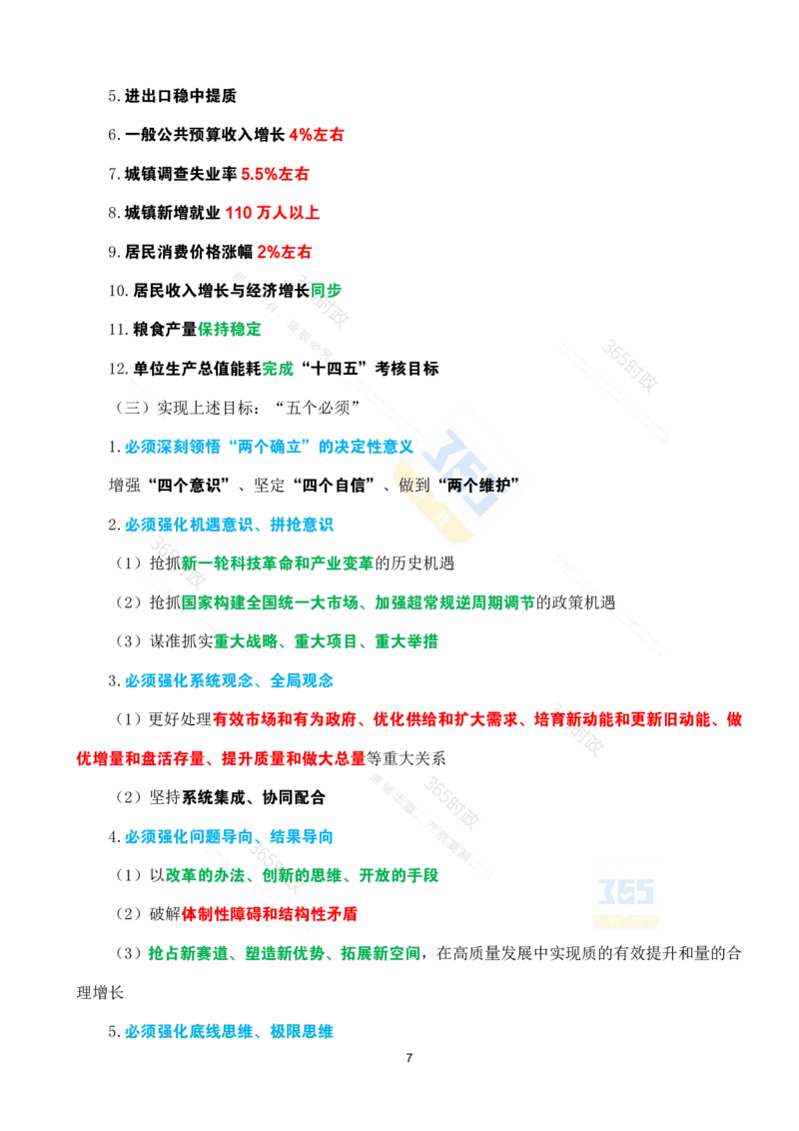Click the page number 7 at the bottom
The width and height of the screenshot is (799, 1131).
408,1057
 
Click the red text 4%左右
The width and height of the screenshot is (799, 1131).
317,135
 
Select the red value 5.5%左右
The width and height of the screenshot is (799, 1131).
275,174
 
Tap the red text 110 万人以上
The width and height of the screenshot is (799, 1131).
273,213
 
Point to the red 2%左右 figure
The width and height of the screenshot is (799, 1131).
285,252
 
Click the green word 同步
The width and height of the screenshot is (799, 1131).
326,291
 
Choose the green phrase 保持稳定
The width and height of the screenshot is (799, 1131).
230,330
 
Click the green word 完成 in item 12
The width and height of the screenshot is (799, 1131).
278,369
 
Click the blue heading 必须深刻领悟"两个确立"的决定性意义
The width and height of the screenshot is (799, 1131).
269,447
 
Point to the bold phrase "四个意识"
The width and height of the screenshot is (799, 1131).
190,486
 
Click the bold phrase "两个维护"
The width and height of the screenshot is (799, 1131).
478,486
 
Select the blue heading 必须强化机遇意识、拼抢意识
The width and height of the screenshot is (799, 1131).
230,525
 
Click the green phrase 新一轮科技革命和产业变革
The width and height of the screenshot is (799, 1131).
278,564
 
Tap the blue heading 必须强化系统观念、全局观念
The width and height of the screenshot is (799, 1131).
230,680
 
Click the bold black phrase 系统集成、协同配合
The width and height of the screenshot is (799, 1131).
253,797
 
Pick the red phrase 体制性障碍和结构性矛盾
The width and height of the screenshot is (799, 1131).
270,914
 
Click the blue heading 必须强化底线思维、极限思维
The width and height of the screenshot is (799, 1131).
230,1031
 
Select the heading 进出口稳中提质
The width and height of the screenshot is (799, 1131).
181,96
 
